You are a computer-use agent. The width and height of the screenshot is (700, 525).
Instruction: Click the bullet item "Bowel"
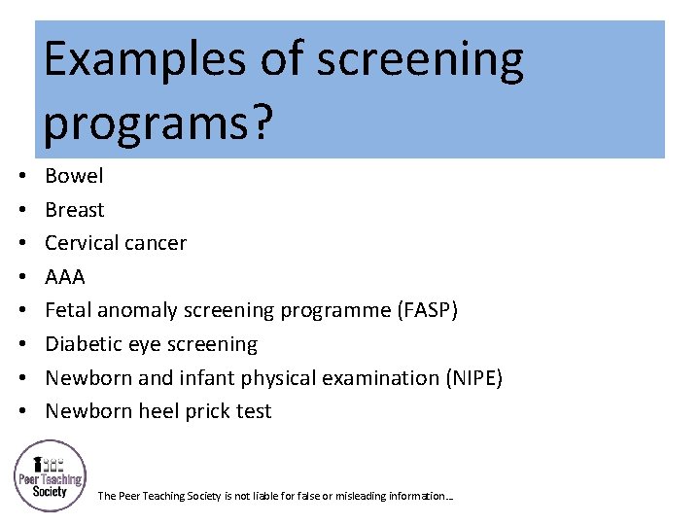tap(74, 176)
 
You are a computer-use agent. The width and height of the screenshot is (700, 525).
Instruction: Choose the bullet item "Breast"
tap(75, 210)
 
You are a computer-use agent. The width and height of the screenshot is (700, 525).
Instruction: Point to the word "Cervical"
tap(81, 243)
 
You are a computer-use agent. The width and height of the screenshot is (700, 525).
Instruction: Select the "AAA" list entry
tap(65, 277)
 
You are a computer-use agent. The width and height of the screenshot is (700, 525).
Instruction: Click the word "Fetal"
tap(67, 310)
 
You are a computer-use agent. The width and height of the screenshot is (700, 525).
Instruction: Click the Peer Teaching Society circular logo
tap(50, 476)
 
